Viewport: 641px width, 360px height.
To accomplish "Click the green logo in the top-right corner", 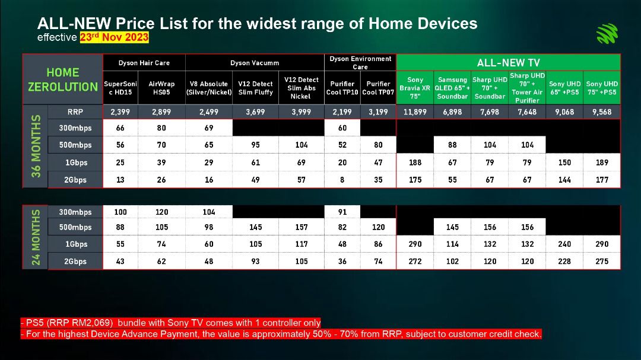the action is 607,33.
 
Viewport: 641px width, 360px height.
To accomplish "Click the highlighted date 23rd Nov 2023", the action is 114,37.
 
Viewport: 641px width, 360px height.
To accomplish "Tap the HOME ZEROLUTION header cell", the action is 63,79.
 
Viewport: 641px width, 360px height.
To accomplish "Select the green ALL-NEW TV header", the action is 508,62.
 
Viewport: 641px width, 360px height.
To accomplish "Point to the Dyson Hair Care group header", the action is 144,62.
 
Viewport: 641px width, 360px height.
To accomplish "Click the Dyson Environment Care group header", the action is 360,62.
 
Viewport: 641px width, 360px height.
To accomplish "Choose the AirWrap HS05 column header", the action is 161,88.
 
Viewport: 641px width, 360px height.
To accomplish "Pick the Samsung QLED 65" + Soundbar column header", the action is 452,88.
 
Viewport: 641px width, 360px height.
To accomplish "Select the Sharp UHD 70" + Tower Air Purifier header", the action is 527,88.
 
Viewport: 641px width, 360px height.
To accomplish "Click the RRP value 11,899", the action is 415,111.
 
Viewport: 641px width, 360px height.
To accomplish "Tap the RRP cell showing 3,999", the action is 302,111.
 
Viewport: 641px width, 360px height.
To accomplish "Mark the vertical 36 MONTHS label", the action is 36,146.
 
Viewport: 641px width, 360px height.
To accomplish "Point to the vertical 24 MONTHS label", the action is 36,237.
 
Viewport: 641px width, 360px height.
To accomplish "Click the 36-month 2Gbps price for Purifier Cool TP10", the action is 342,179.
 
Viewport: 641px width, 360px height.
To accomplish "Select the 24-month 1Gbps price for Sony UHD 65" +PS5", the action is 564,244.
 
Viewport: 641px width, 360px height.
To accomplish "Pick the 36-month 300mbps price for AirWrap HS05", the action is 161,128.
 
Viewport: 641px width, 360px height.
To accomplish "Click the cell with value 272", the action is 415,261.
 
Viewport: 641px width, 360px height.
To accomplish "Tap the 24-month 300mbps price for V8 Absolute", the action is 208,212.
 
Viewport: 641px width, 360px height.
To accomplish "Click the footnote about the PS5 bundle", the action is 170,323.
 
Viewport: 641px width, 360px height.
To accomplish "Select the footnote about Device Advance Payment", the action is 281,334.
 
